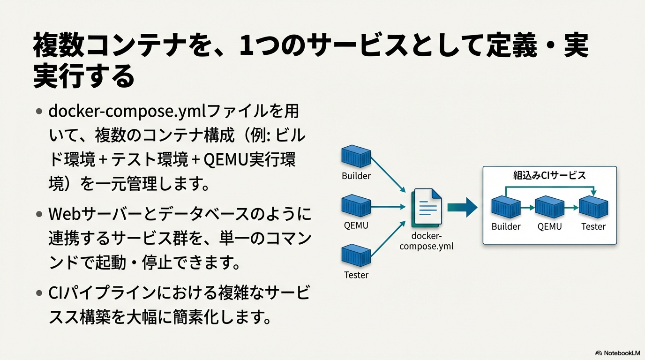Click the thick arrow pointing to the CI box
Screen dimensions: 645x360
(x=462, y=207)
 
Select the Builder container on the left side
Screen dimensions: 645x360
(x=356, y=157)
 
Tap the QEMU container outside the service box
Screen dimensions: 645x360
(x=356, y=206)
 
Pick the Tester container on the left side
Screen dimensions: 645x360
(x=356, y=255)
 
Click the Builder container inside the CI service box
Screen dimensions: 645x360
(x=506, y=207)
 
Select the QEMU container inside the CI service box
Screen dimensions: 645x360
(x=550, y=207)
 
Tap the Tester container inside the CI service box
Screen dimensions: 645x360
(x=593, y=207)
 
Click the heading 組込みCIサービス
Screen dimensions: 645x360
(x=549, y=175)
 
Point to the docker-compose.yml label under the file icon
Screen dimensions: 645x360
(x=427, y=241)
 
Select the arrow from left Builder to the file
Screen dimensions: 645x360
(x=388, y=174)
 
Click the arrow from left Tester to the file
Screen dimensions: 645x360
(x=388, y=239)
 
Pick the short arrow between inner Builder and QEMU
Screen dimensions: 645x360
(x=528, y=207)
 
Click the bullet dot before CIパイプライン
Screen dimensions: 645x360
(x=39, y=293)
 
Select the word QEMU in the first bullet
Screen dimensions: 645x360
(x=226, y=160)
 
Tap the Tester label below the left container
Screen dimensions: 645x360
(x=356, y=275)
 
